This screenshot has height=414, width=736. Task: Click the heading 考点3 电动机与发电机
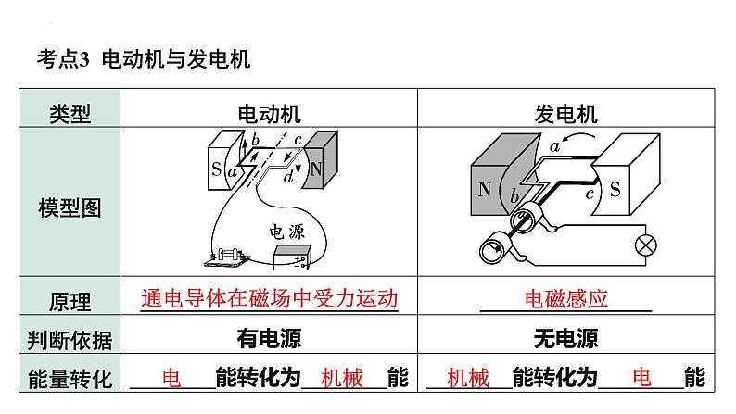(143, 60)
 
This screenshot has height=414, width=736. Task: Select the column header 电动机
(270, 114)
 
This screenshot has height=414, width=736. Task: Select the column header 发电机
(565, 114)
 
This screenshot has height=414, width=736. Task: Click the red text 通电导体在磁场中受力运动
(269, 299)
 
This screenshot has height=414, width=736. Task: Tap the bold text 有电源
(269, 339)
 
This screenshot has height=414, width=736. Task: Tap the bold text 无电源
(565, 339)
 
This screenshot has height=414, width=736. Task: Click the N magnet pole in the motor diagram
(316, 169)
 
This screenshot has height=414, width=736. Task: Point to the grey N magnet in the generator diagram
(485, 190)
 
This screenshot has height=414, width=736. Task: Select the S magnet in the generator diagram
(616, 188)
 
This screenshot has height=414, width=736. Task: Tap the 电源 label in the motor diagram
(286, 232)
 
